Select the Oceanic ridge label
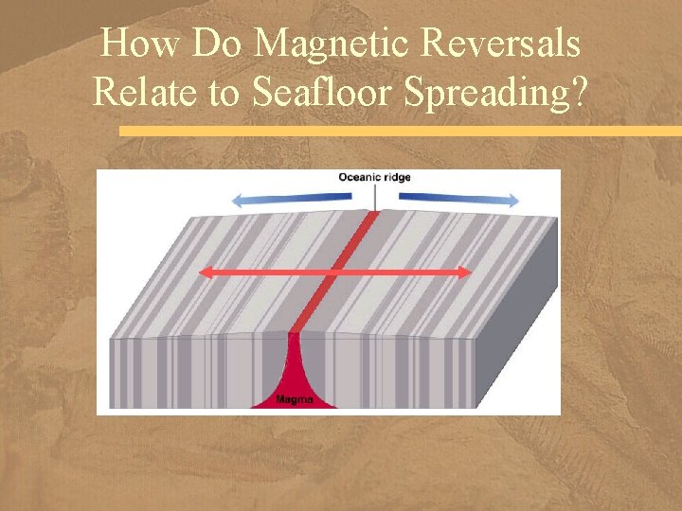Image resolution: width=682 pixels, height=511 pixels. click(375, 177)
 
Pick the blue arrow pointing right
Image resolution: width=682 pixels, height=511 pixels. click(459, 198)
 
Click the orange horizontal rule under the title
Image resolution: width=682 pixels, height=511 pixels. click(398, 132)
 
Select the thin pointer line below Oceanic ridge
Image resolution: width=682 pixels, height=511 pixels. click(376, 199)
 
